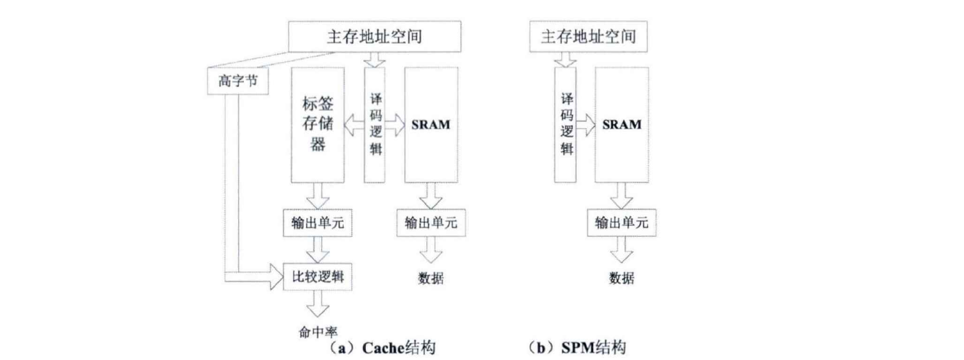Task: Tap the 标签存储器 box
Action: click(x=318, y=124)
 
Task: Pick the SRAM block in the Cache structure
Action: click(x=431, y=125)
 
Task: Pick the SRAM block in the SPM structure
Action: click(x=621, y=125)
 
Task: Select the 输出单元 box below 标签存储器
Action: click(x=318, y=223)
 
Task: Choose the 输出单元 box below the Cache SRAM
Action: click(x=431, y=223)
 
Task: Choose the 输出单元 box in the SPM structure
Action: click(x=621, y=223)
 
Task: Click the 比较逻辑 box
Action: click(x=318, y=277)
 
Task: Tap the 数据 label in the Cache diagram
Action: click(x=431, y=278)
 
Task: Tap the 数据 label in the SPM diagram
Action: click(x=621, y=278)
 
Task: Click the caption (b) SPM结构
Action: click(x=577, y=348)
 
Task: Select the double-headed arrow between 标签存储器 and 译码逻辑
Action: click(x=355, y=125)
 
